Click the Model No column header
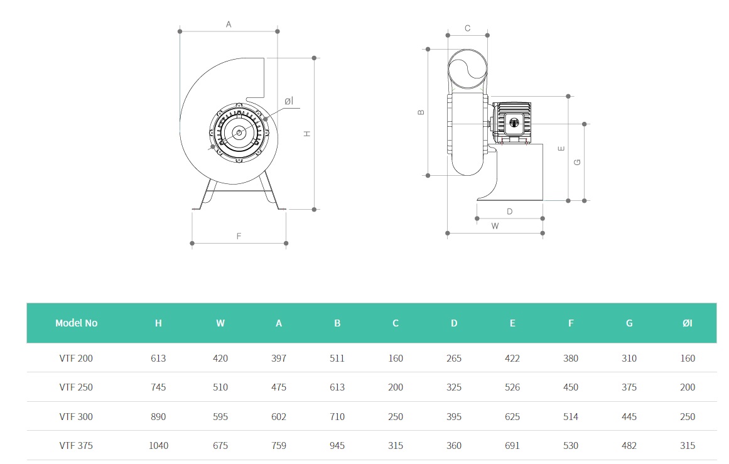76,323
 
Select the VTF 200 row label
76,359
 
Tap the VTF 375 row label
76,446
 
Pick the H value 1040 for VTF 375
158,446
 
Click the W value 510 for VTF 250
220,387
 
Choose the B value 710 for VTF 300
337,417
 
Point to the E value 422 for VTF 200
512,359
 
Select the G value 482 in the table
629,446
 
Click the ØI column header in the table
688,323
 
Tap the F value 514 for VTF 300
571,417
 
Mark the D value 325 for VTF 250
454,387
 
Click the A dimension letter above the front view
229,24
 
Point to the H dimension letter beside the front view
308,134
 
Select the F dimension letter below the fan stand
239,236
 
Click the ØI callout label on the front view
288,101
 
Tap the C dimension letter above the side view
467,28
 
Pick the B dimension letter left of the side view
421,112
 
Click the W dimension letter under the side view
495,226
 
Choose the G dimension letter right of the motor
578,162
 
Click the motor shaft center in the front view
239,132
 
